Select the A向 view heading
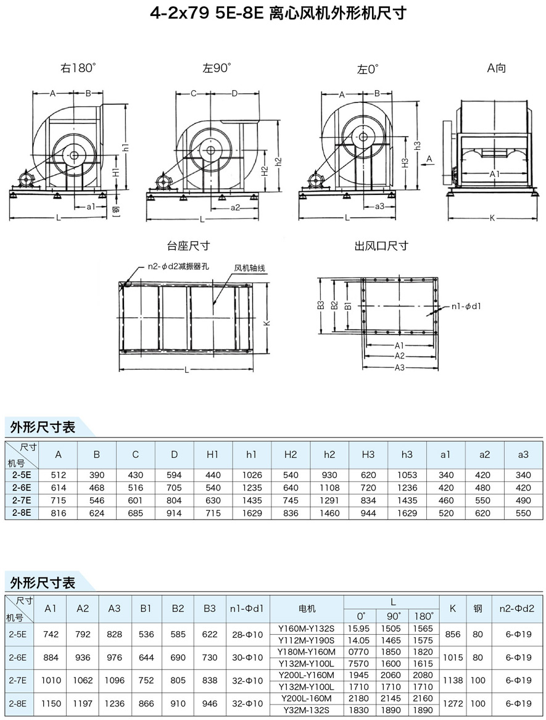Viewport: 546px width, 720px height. pos(496,68)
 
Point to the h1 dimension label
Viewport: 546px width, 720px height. pos(125,148)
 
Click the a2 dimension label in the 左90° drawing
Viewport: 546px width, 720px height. pos(235,208)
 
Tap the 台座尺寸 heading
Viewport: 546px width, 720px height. pos(188,246)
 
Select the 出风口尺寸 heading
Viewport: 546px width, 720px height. pos(381,246)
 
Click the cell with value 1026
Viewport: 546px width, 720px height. pos(252,475)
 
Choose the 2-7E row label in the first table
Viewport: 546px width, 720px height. pos(22,500)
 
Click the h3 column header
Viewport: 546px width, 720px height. pos(407,455)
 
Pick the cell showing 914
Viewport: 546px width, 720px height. pos(174,512)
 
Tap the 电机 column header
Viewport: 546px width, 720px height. pos(307,608)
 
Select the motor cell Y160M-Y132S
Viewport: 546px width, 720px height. pos(307,629)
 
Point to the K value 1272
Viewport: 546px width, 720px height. pos(453,703)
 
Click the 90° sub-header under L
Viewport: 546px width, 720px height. pos(394,616)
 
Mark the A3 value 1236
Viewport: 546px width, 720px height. pos(114,703)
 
